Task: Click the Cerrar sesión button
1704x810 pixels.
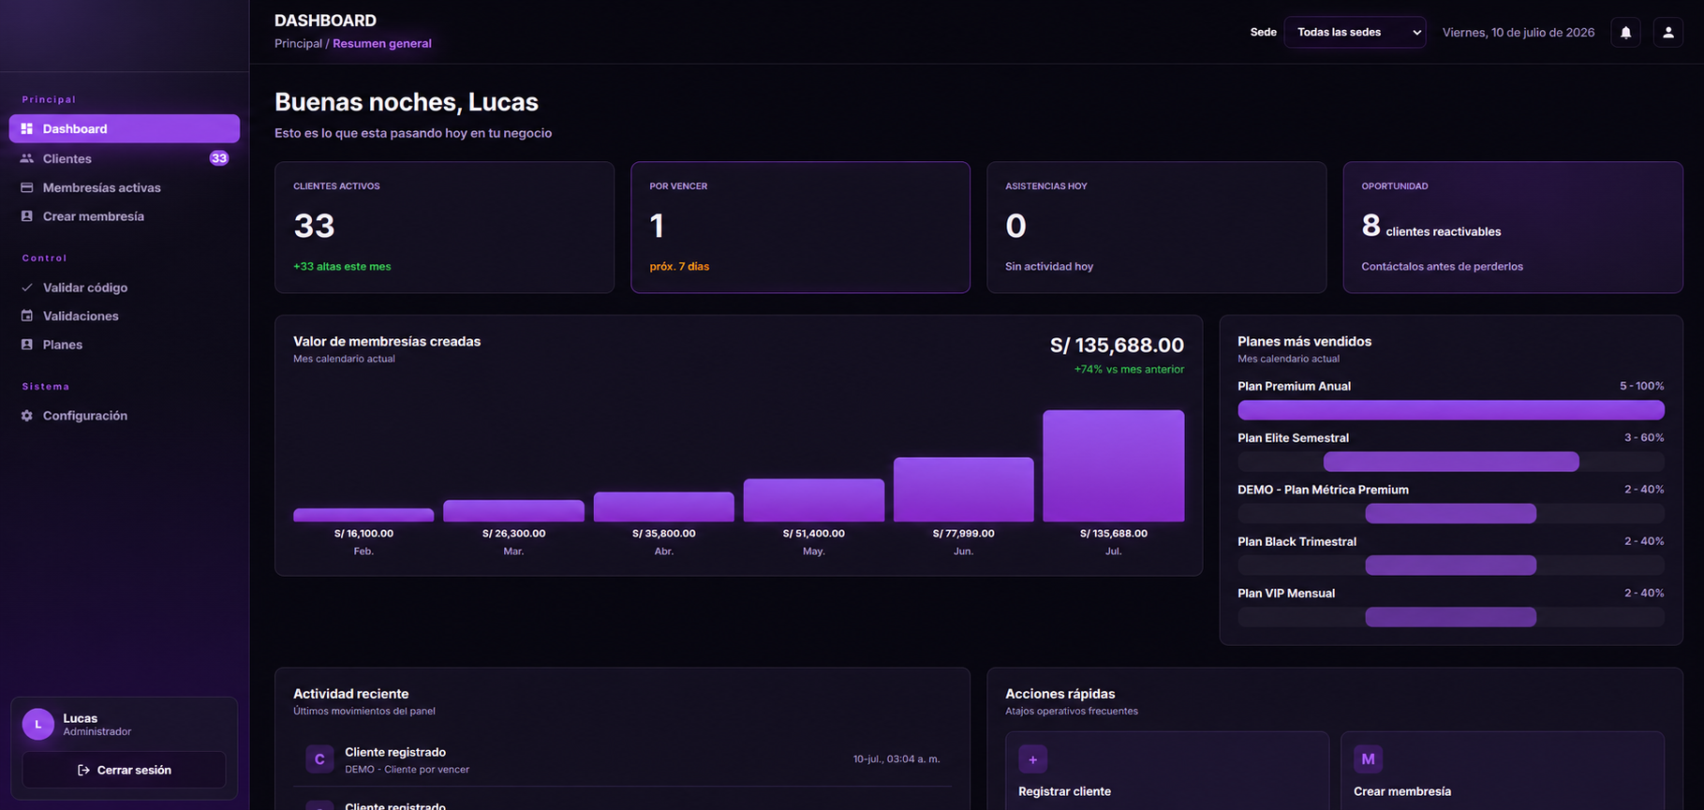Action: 124,770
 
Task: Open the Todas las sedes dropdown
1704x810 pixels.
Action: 1355,32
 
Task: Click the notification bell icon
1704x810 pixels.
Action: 1625,32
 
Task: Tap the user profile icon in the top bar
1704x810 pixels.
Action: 1667,32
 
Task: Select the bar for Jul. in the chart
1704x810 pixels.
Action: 1113,465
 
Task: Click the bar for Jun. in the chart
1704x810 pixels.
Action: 963,490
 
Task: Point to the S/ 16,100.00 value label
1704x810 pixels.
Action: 363,534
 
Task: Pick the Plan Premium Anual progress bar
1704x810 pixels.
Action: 1450,410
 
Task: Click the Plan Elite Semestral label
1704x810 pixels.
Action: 1293,438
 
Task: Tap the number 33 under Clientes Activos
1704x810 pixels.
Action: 314,226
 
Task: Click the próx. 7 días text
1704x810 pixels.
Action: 679,267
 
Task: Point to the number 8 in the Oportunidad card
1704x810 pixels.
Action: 1371,226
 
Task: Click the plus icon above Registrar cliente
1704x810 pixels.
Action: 1032,759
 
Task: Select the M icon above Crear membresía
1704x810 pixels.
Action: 1368,759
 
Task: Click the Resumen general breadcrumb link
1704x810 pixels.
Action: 382,43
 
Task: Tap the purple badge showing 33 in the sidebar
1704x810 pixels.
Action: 218,158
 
